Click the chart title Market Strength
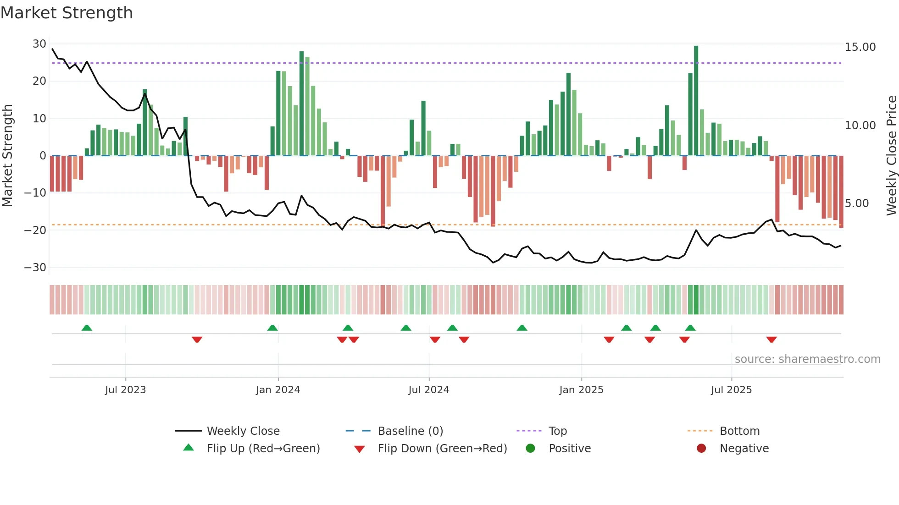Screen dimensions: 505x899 pos(67,13)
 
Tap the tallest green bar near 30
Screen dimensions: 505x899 pos(696,101)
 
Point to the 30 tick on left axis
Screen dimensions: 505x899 pos(39,44)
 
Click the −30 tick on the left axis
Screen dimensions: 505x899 pos(36,267)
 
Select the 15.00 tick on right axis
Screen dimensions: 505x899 pos(860,47)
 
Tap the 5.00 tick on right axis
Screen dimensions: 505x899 pos(856,203)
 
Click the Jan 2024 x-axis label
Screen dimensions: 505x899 pos(278,390)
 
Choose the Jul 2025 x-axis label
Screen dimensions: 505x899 pos(731,390)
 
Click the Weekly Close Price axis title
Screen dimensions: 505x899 pos(891,156)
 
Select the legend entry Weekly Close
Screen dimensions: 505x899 pos(243,431)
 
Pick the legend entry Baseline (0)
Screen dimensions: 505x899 pos(410,431)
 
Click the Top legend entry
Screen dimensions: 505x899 pos(558,431)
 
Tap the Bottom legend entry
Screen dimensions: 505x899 pos(739,431)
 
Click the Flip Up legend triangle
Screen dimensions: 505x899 pos(189,448)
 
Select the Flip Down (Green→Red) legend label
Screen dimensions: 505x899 pos(442,449)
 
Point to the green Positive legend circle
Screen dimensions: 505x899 pos(530,448)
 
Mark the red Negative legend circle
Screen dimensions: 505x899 pos(701,448)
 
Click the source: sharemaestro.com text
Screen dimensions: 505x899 pos(807,359)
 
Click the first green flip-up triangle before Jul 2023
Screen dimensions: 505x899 pos(87,328)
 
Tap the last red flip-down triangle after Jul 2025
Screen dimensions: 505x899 pos(771,340)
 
